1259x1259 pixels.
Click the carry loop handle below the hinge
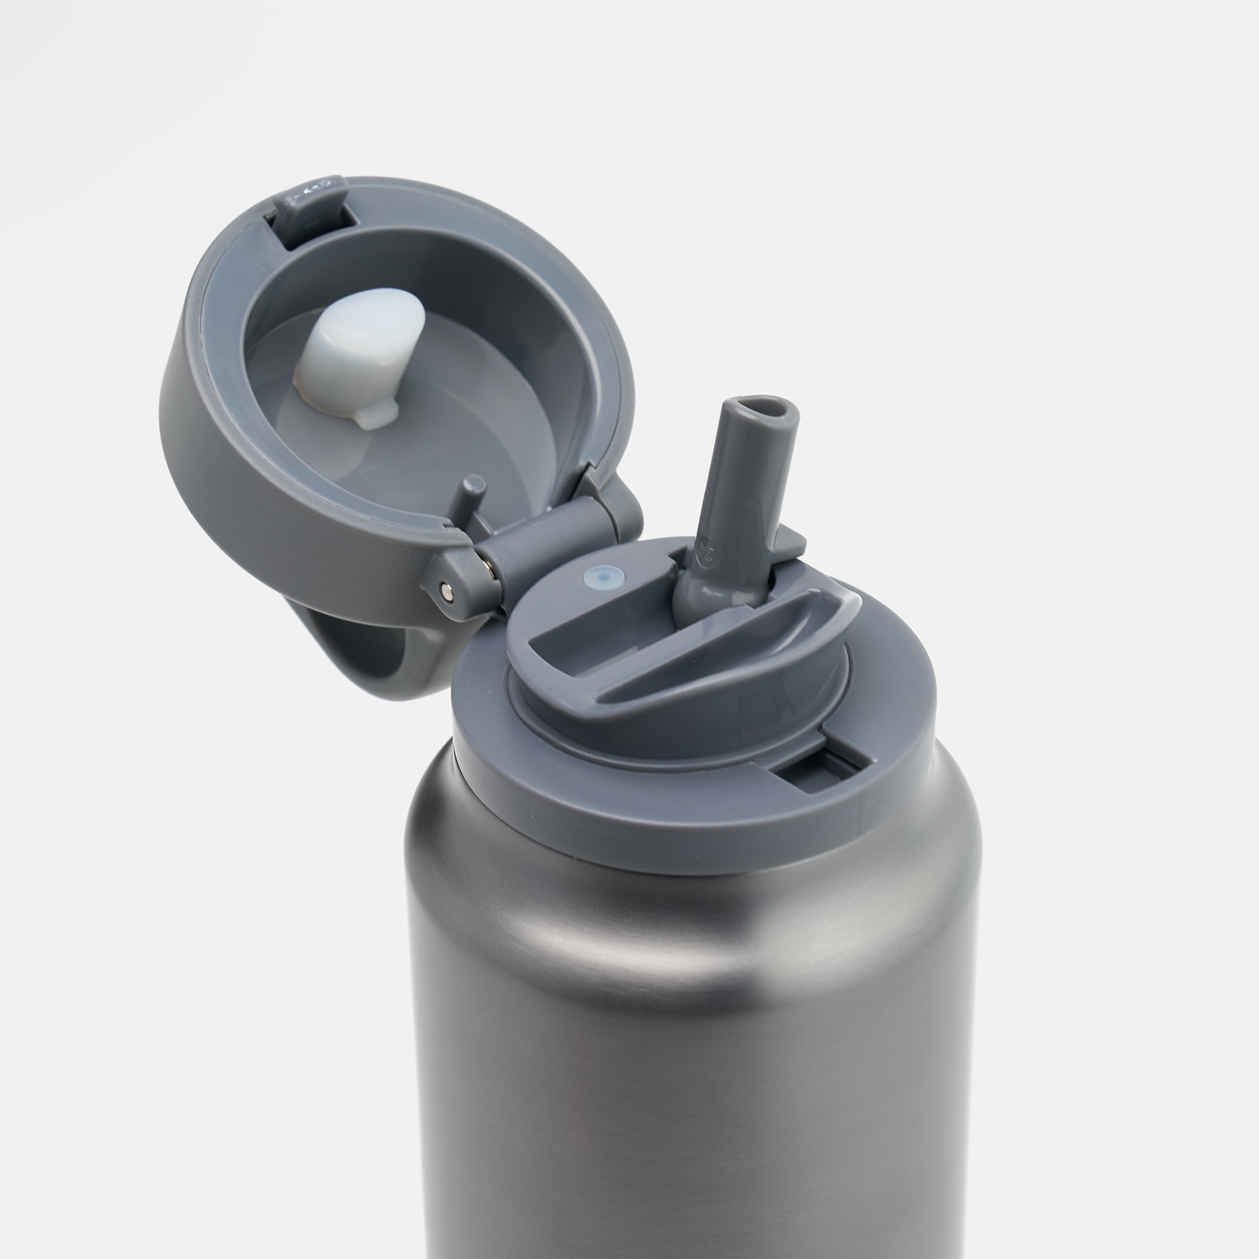point(365,658)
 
